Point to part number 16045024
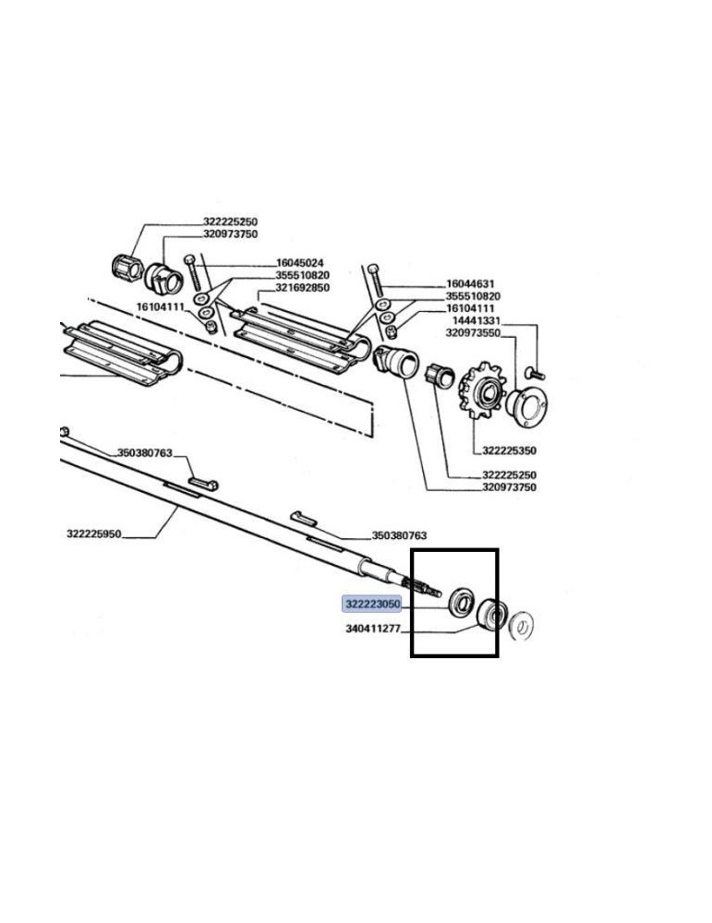pyautogui.click(x=300, y=263)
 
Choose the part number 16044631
pyautogui.click(x=473, y=284)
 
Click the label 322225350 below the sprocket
pyautogui.click(x=510, y=451)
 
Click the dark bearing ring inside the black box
pyautogui.click(x=489, y=616)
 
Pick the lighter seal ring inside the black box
pyautogui.click(x=458, y=604)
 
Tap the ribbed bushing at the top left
pyautogui.click(x=123, y=269)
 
